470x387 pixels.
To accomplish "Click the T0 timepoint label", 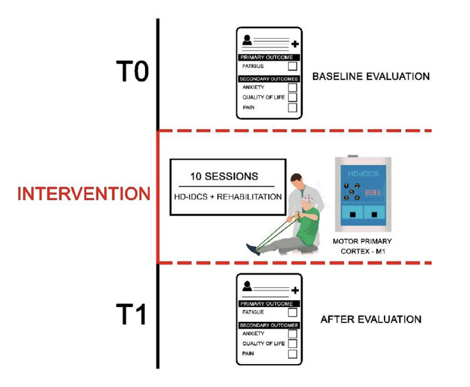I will [132, 72].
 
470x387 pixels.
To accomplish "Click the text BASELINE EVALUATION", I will [370, 77].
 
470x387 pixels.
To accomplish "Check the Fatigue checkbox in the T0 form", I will [292, 66].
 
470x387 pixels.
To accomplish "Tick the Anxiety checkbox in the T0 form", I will [292, 87].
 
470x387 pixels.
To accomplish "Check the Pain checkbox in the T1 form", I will [292, 353].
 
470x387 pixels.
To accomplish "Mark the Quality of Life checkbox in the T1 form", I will [292, 343].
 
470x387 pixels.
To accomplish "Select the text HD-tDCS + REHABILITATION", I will [227, 197].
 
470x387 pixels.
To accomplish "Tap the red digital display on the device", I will [374, 192].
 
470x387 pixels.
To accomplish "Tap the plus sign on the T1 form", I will [294, 291].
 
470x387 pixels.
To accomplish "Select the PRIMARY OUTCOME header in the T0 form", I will [268, 57].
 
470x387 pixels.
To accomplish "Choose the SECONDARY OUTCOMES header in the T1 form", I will [268, 324].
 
